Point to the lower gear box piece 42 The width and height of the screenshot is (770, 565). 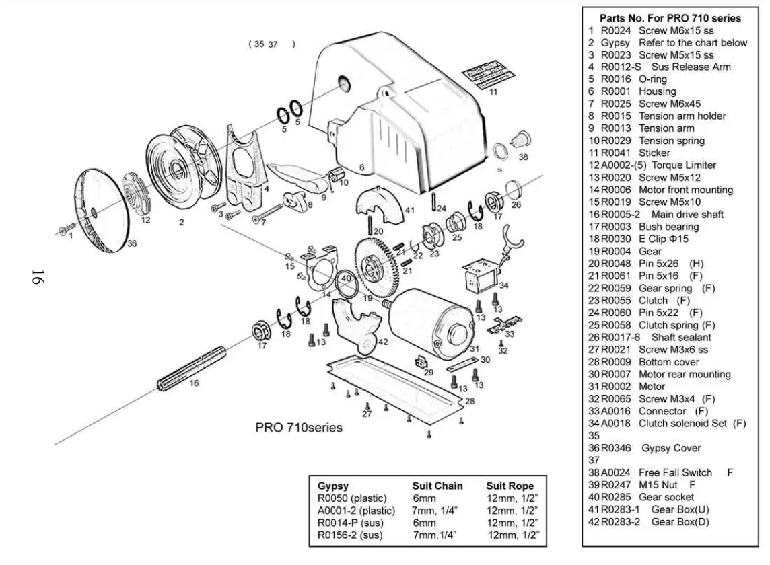click(357, 324)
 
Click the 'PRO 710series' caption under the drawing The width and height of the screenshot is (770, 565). click(298, 428)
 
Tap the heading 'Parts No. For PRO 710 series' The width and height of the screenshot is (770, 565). click(670, 18)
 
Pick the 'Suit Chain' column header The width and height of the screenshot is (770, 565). click(438, 486)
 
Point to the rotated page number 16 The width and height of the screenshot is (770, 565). click(37, 277)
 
